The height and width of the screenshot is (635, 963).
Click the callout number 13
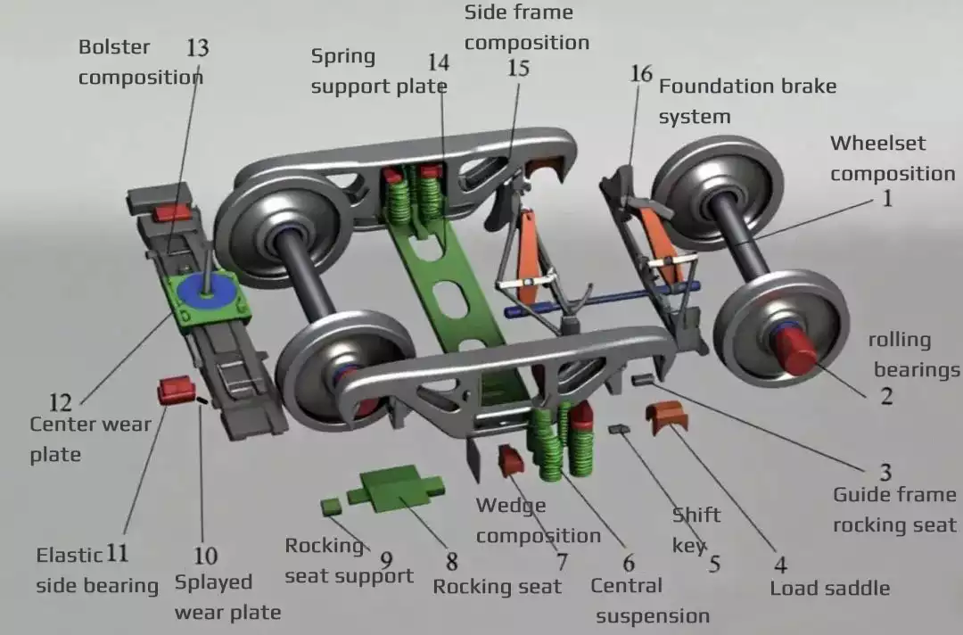tap(197, 47)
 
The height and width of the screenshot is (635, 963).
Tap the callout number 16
tap(641, 73)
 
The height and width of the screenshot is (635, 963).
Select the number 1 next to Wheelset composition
tap(887, 199)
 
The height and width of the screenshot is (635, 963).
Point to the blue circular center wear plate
tap(207, 292)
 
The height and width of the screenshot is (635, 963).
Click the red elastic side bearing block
tap(175, 391)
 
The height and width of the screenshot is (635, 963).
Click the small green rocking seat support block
tap(331, 506)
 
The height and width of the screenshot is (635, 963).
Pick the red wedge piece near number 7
tap(510, 460)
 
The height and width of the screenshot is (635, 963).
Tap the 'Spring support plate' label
tap(378, 71)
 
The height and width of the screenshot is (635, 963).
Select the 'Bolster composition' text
tap(139, 62)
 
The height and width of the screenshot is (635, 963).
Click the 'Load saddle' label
tap(829, 588)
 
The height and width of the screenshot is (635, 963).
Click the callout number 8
tap(452, 562)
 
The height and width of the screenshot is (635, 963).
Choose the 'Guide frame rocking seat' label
tap(893, 509)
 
